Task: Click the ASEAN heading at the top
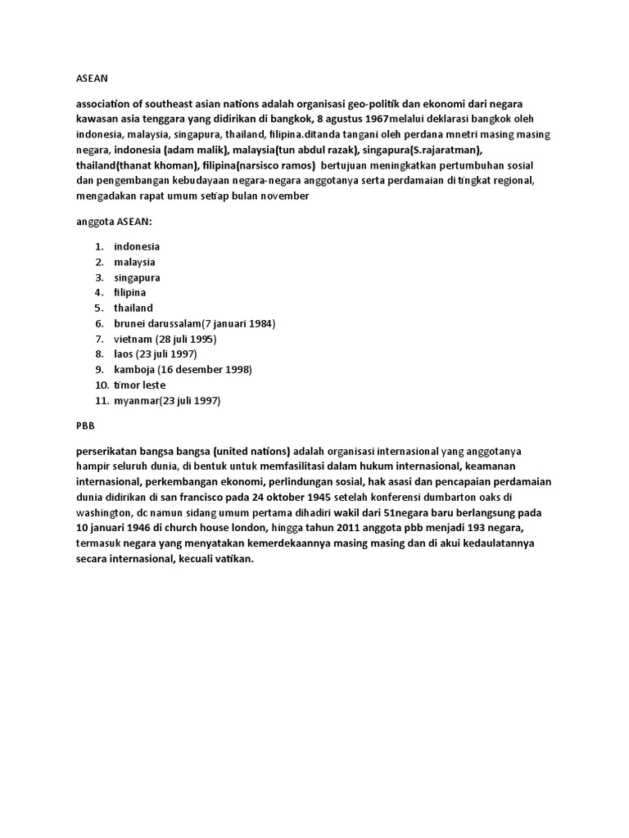tap(91, 79)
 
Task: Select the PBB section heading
tap(85, 426)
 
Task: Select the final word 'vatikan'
tap(235, 559)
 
